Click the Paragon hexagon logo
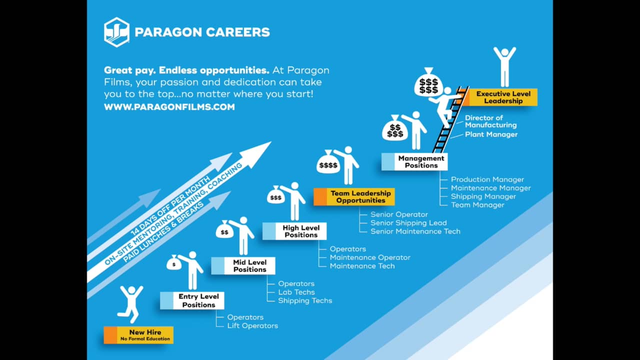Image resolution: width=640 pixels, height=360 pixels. (116, 32)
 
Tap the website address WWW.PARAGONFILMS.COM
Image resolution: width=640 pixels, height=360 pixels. (169, 106)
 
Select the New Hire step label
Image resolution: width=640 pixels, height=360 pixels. (138, 335)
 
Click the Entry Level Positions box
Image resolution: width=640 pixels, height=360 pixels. (192, 300)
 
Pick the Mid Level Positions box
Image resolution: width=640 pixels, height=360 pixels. (243, 265)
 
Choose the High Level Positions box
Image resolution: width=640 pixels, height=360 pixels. (295, 231)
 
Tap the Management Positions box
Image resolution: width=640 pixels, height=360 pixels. (414, 161)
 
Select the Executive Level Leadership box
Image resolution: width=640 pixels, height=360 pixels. (500, 97)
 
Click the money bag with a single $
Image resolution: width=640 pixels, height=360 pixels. (174, 262)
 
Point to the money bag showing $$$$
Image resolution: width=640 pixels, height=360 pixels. (328, 163)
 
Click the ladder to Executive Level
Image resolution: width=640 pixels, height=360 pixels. (450, 120)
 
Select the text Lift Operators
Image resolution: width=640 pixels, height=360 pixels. (252, 325)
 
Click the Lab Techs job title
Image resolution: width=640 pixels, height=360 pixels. (296, 292)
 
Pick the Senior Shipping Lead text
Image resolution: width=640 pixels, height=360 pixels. (408, 222)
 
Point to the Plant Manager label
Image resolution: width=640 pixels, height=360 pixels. (491, 134)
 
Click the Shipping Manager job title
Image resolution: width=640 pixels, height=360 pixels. (483, 196)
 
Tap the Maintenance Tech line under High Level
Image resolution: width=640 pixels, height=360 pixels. (362, 266)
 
